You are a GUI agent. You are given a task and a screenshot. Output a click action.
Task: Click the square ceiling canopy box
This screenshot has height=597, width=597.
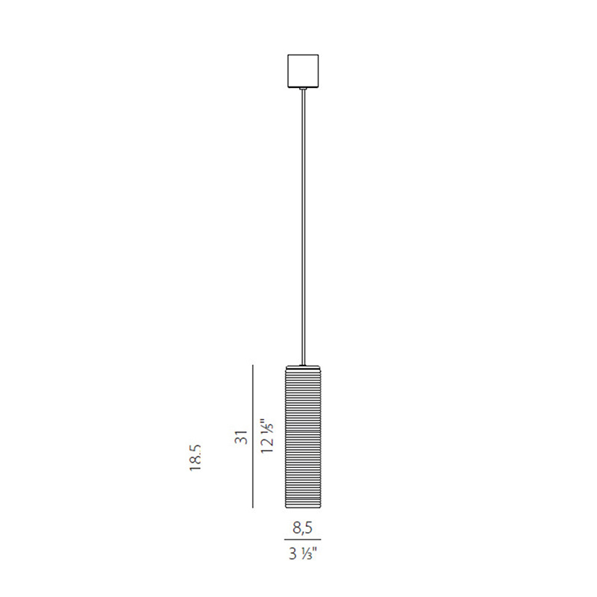[x=303, y=71]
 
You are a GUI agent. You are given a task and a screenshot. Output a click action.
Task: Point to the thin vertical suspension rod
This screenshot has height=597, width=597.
[x=303, y=228]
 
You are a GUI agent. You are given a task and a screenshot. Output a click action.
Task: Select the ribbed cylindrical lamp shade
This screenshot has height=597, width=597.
[x=303, y=437]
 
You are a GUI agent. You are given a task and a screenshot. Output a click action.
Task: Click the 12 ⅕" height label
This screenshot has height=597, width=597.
[x=267, y=436]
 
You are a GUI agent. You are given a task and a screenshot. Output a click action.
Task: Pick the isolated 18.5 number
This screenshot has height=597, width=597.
[x=196, y=457]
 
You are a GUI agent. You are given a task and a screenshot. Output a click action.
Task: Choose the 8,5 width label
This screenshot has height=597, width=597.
[x=303, y=528]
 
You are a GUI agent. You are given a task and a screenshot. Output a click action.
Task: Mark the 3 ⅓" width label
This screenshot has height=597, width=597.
[x=303, y=553]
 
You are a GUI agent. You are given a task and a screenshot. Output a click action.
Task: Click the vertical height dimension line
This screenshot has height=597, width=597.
[x=253, y=437]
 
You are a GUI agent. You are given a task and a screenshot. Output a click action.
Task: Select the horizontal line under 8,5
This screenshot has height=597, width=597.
[x=303, y=540]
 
